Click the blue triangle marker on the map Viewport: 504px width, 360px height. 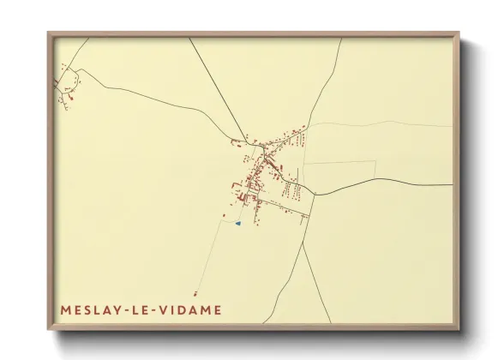coord(238,223)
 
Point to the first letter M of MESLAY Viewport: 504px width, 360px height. coord(65,309)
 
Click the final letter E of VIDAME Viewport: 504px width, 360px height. coord(219,309)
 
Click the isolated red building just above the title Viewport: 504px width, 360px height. coord(196,293)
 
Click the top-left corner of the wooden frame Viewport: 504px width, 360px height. coord(49,33)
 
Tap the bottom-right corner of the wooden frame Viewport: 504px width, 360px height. coord(458,328)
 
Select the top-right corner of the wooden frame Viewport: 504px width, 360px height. coord(458,33)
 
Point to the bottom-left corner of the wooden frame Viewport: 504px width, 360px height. coord(49,328)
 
